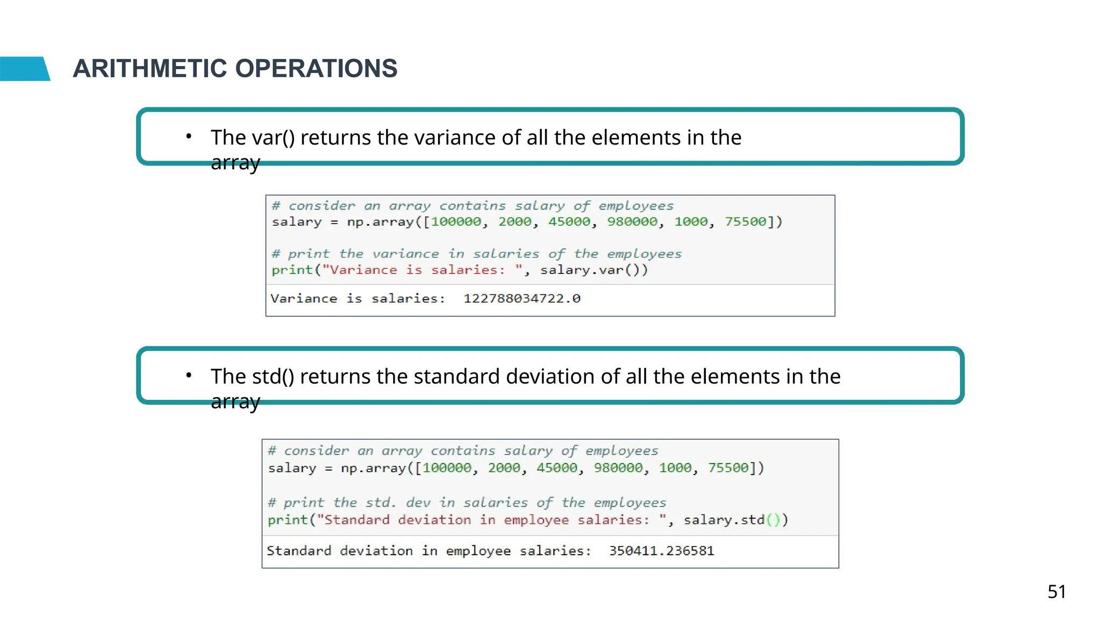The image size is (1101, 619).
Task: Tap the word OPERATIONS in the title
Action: tap(316, 69)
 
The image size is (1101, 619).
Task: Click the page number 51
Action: tap(1056, 592)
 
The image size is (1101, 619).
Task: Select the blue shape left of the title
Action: tap(24, 69)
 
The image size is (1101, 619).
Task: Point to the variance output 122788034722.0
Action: tap(521, 299)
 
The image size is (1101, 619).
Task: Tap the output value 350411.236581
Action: tap(661, 551)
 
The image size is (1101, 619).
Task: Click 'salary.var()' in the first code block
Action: tap(594, 270)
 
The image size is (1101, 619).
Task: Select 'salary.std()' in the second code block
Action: tap(735, 520)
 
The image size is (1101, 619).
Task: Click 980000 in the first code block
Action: tap(632, 222)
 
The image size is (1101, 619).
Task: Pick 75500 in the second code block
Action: tap(728, 468)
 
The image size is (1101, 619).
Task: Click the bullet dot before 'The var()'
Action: tap(189, 136)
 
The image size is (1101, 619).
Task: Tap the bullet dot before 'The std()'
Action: tap(189, 376)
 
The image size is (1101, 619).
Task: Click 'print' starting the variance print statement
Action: tap(292, 270)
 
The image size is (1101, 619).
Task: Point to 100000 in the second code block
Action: tap(447, 468)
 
